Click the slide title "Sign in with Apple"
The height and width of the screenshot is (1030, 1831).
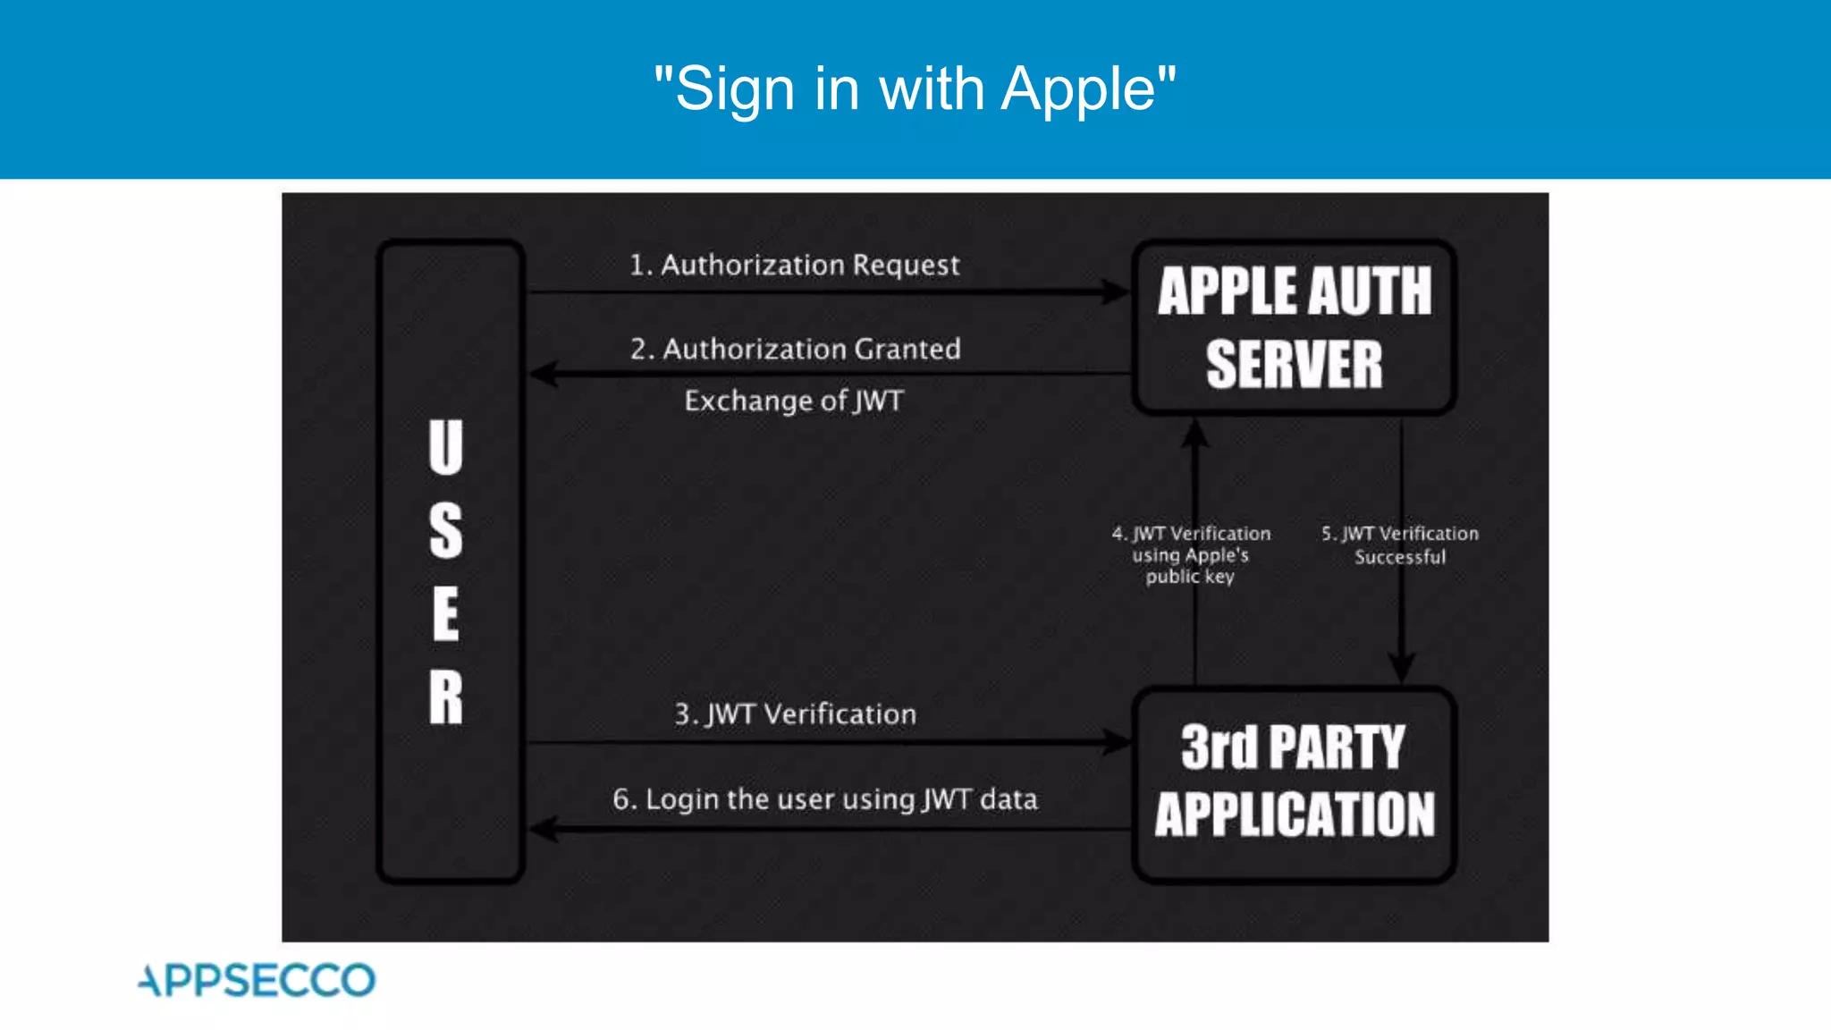(915, 89)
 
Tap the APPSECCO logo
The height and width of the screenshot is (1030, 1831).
(257, 980)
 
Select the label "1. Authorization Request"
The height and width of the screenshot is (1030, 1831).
(794, 265)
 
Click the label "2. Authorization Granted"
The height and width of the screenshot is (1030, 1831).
(795, 349)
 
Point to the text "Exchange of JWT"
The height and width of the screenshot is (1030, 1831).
(794, 401)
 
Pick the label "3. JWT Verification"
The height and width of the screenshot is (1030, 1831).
(795, 714)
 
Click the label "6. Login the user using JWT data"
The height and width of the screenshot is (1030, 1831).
(824, 798)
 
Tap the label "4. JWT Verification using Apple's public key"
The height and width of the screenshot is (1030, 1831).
(1191, 555)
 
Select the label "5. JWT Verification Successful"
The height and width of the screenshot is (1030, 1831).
(1400, 545)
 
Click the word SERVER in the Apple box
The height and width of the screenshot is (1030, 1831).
(1294, 364)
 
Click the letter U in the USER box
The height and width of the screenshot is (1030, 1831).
(445, 447)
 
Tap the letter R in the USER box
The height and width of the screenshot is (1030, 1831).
(445, 697)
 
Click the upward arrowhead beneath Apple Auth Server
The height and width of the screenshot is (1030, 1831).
(1195, 434)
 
